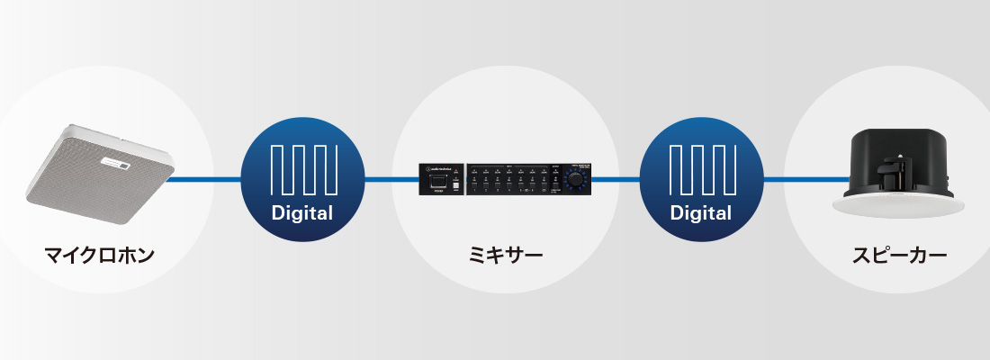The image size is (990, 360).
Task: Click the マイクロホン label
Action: click(x=100, y=255)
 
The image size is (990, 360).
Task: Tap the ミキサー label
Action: click(x=505, y=255)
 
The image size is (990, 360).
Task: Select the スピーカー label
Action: click(x=899, y=255)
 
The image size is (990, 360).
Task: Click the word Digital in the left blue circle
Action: click(x=303, y=214)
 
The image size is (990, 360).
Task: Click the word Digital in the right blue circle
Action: click(x=701, y=214)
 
